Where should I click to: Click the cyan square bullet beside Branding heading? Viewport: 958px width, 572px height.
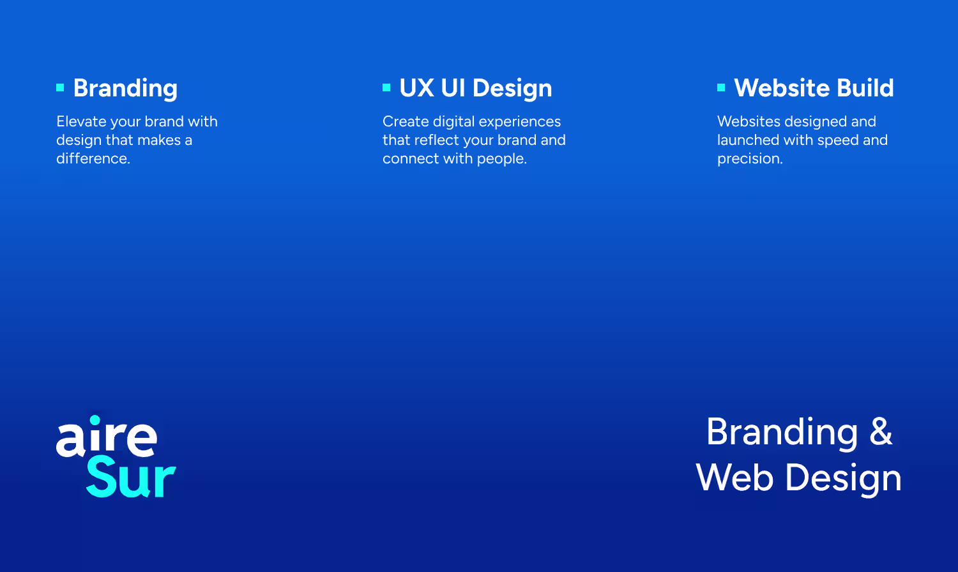coord(60,87)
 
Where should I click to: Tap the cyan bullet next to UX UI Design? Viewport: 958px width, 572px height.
coord(386,87)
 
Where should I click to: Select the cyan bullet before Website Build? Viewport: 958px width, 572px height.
coord(721,87)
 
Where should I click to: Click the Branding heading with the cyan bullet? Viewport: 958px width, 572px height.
coord(125,89)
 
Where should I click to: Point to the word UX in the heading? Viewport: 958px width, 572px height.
coord(416,88)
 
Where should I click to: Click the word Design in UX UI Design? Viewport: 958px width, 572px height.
coord(512,89)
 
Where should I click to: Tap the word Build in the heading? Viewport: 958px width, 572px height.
coord(865,88)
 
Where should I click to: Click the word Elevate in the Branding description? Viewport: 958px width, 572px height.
coord(81,121)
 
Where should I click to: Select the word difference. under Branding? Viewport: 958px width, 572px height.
coord(93,158)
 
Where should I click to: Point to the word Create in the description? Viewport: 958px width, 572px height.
coord(406,121)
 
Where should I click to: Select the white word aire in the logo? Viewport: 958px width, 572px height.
coord(107,437)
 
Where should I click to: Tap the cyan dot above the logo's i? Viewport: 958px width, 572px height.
coord(95,420)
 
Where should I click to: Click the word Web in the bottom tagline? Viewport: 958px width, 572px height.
coord(734,478)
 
